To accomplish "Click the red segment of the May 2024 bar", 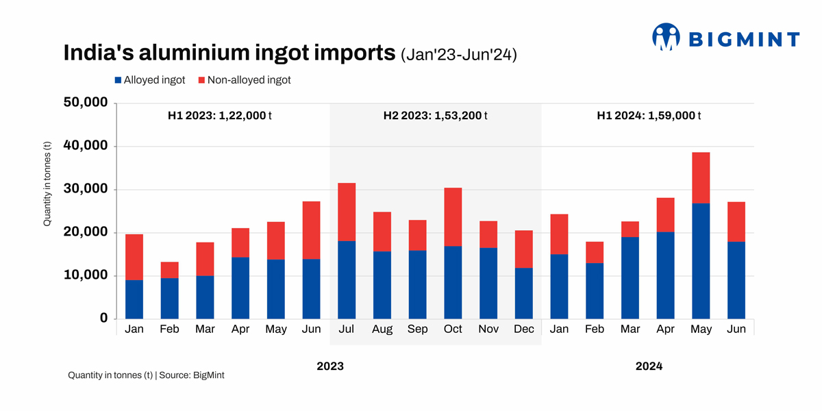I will pos(701,178).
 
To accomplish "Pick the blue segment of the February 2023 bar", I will pos(169,298).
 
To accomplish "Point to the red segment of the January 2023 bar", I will pos(134,257).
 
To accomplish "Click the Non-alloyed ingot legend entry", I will pos(245,80).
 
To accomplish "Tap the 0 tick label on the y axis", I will pos(103,319).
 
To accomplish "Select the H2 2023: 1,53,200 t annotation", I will pos(435,116).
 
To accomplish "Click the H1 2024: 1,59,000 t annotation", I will pos(649,116).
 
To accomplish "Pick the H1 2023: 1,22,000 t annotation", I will pos(220,116).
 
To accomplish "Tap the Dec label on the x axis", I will pos(524,329).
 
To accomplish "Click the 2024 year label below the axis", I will pos(649,366).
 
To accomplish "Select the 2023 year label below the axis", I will pos(329,366).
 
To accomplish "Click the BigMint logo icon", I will pos(666,37).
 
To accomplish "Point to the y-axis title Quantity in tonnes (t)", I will pos(47,184).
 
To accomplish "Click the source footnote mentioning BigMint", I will pos(146,375).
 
